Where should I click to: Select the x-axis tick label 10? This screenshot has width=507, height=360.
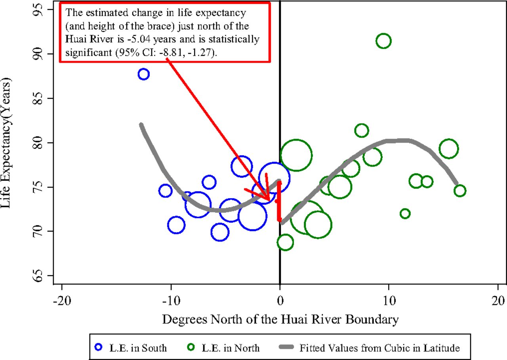pos(389,300)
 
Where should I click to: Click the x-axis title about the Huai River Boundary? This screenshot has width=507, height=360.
pos(280,319)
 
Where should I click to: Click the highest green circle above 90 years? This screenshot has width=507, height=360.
pos(383,40)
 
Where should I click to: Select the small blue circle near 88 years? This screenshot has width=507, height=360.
pos(143,74)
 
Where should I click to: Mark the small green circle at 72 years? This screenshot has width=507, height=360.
pos(405,214)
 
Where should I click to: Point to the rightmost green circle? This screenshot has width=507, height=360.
pos(460,191)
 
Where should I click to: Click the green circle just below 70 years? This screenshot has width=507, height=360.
pos(285,242)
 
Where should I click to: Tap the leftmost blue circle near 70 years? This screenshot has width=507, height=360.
pos(176,225)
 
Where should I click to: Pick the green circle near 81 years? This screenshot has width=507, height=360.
pos(362,130)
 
